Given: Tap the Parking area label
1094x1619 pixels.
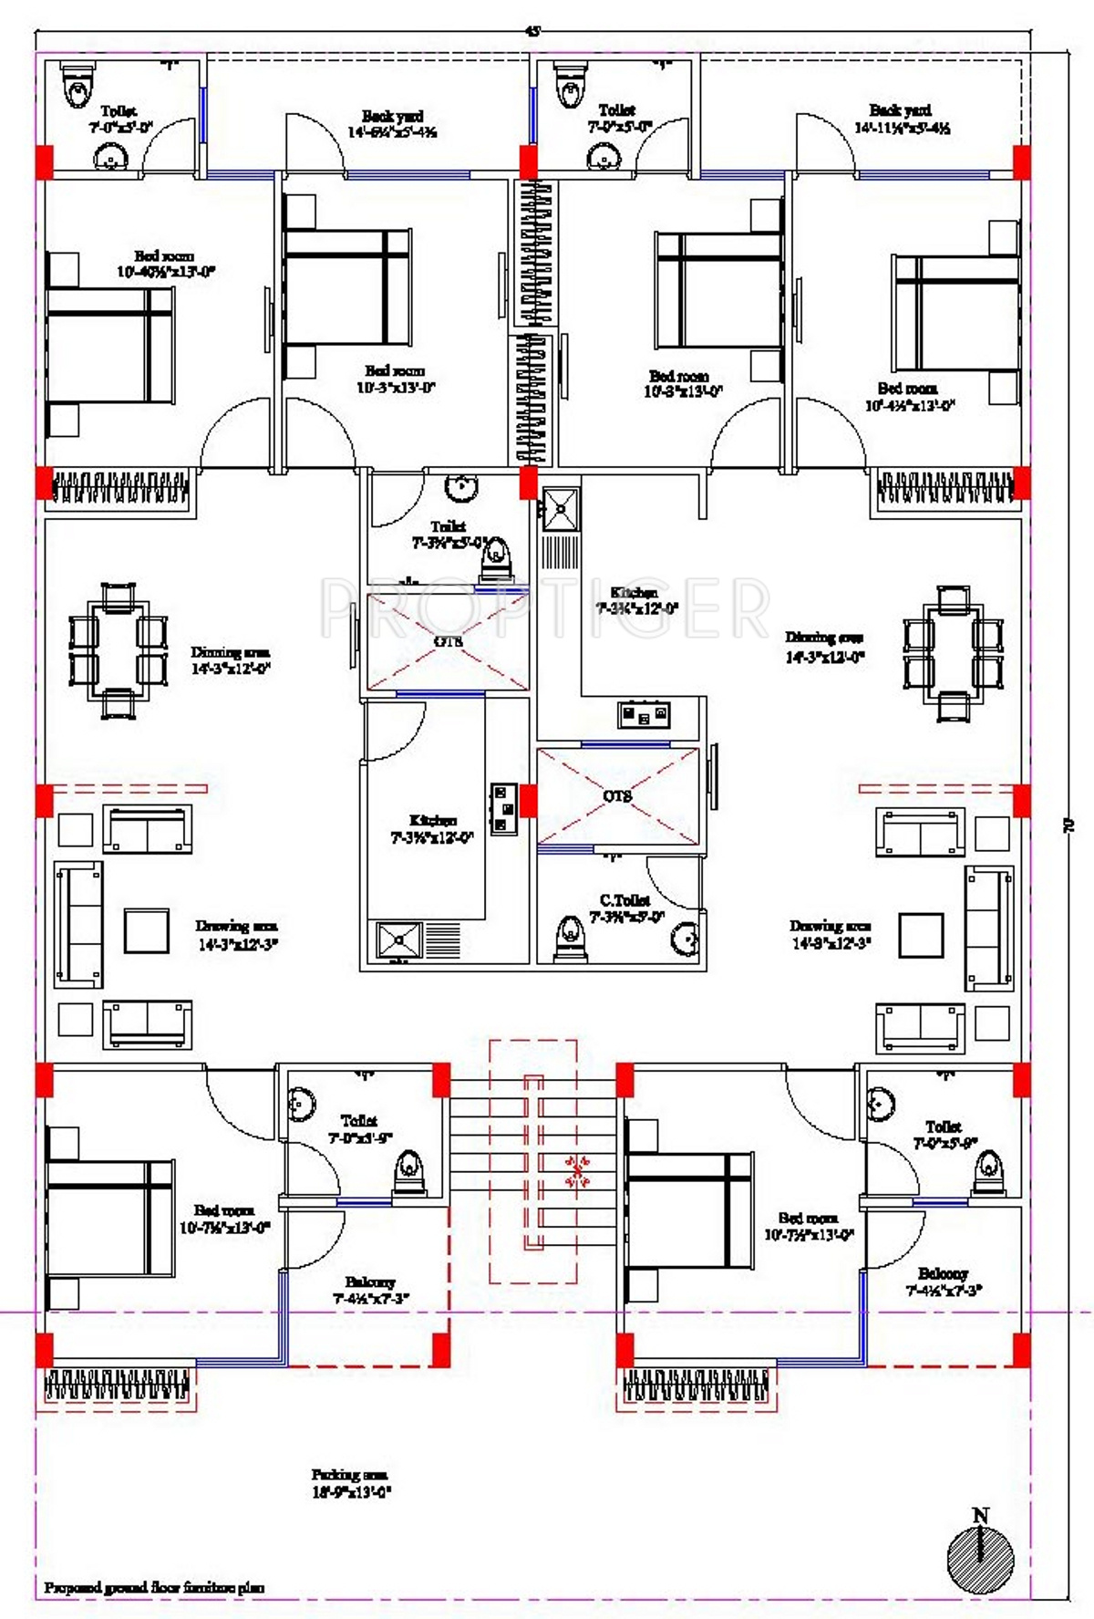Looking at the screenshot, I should tap(351, 1483).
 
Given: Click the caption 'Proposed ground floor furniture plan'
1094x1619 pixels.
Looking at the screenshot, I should tap(154, 1588).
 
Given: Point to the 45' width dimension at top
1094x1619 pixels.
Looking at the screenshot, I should tap(532, 31).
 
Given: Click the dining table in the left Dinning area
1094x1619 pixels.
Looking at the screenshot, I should tap(119, 651).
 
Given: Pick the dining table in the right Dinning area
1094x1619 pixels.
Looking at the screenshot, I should tap(953, 655).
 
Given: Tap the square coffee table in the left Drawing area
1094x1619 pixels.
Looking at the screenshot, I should tap(147, 930).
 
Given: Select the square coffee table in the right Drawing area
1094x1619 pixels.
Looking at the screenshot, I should tap(921, 935).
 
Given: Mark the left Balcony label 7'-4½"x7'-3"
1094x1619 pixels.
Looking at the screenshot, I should tap(371, 1290).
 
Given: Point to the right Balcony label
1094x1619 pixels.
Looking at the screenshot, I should tap(944, 1282).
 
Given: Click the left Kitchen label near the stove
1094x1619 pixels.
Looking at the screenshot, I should tap(432, 828).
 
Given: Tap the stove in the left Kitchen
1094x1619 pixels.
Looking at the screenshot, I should tap(502, 807).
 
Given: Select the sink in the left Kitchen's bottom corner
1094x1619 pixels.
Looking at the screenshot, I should tap(400, 939).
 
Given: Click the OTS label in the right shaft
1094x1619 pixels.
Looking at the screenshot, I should tap(617, 796).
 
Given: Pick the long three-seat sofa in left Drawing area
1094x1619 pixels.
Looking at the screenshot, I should tap(78, 924).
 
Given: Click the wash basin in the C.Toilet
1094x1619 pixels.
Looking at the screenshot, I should tap(684, 938).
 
